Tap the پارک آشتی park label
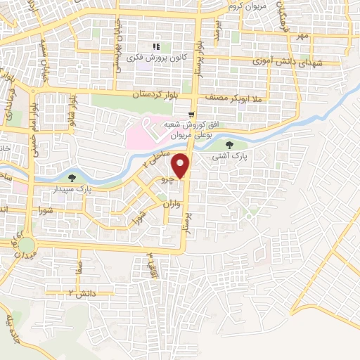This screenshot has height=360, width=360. pyautogui.click(x=229, y=157)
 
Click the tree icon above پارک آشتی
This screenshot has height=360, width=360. pyautogui.click(x=229, y=146)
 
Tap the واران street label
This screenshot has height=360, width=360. pyautogui.click(x=167, y=205)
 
